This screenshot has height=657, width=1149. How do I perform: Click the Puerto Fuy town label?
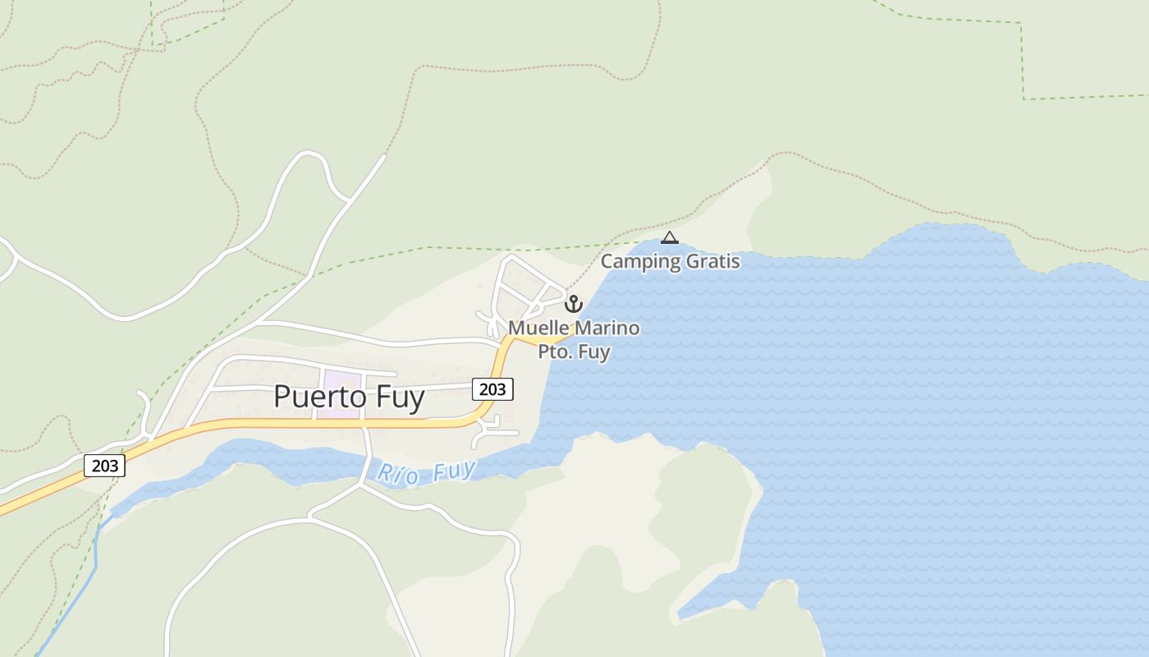coord(349,397)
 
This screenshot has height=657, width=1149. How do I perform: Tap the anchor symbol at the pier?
coord(574,304)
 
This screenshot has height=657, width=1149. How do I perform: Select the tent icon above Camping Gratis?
coord(670,238)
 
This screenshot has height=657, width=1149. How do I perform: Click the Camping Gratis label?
coord(670,262)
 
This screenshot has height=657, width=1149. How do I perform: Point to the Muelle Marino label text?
coord(574,328)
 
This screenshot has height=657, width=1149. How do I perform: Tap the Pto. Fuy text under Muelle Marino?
coord(574,351)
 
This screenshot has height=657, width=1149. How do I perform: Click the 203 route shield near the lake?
coord(492,388)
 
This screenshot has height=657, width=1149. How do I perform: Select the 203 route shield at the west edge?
coord(105,466)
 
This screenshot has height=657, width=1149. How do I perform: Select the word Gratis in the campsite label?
coord(712,262)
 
